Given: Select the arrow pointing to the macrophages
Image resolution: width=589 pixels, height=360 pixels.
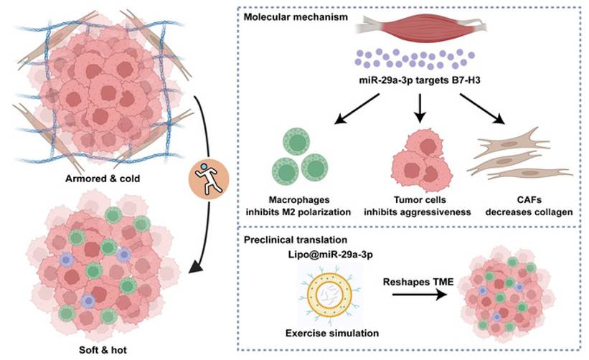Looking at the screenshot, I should [343, 116].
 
